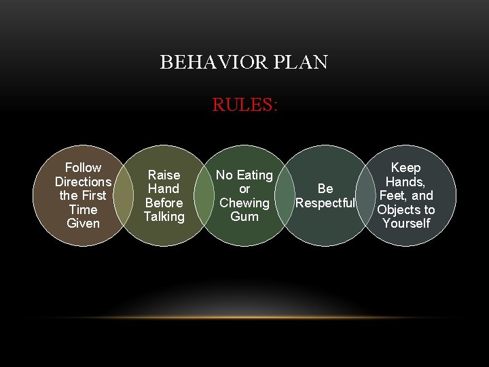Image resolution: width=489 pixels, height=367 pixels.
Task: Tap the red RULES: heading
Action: click(244, 105)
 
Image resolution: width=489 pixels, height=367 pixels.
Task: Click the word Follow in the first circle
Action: click(83, 167)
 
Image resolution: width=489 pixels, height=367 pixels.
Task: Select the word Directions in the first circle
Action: click(83, 181)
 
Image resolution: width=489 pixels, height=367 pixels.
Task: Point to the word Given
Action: click(83, 224)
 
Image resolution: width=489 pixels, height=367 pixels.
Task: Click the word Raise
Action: click(164, 175)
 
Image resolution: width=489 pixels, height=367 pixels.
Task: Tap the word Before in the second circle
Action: click(164, 203)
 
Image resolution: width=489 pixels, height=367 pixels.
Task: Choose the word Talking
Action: click(164, 217)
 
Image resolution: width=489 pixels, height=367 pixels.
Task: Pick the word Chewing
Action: click(244, 203)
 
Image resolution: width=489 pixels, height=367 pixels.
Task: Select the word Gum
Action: click(244, 217)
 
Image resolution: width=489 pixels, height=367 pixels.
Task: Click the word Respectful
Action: click(325, 203)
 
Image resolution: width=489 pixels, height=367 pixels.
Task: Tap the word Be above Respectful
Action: click(325, 189)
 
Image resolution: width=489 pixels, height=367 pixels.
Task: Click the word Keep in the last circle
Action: click(406, 167)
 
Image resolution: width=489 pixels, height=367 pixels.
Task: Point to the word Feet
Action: click(393, 196)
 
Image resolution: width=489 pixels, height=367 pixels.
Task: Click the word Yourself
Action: click(406, 224)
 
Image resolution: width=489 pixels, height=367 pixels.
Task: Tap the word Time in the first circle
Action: click(83, 209)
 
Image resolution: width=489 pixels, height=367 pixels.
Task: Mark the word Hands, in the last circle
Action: click(406, 181)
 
